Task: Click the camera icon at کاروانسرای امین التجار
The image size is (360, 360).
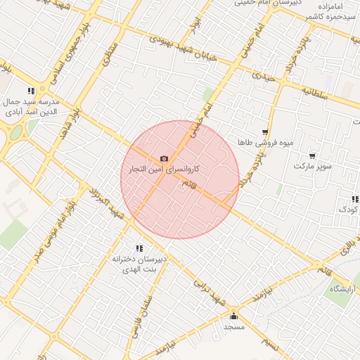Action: (165, 159)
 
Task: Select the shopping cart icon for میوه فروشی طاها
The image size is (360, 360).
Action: (265, 131)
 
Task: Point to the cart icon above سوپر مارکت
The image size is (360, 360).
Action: (312, 155)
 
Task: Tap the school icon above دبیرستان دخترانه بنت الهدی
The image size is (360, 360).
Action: (139, 247)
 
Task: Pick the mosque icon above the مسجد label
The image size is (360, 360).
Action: (233, 316)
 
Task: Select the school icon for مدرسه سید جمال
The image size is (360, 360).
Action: (31, 91)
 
